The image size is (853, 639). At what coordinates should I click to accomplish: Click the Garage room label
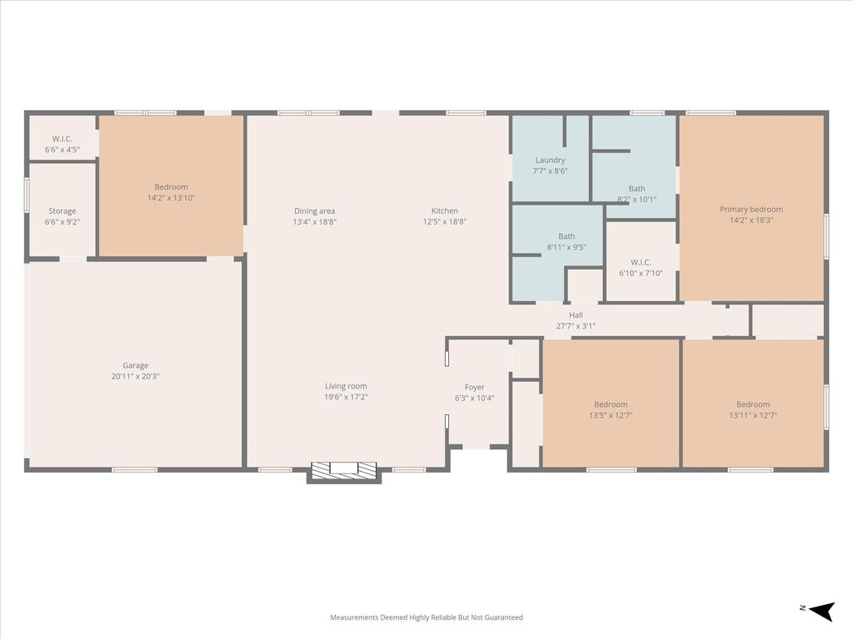tap(136, 366)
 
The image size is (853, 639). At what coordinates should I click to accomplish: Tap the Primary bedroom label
tap(751, 209)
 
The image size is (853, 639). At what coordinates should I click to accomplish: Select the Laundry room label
tap(550, 161)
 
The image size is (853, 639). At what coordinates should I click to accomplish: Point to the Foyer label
tap(474, 388)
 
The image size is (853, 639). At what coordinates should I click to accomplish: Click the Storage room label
tap(62, 211)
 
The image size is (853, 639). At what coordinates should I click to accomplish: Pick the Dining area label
tap(314, 211)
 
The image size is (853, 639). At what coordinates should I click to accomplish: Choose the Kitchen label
tap(445, 211)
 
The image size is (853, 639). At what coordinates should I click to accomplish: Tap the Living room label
tap(346, 386)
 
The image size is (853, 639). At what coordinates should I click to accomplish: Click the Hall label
tap(576, 315)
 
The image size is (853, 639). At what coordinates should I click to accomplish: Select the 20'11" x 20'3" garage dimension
tap(136, 376)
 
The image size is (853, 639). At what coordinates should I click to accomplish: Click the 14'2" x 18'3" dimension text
tap(751, 220)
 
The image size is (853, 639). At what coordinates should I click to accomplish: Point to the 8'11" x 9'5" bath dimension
tap(566, 247)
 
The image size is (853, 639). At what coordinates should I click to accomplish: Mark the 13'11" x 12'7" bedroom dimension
tap(753, 415)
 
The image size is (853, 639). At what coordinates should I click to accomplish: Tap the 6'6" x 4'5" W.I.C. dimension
tap(62, 150)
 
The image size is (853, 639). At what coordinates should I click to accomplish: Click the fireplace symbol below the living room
tap(344, 468)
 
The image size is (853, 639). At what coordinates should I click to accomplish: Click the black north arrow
tap(822, 611)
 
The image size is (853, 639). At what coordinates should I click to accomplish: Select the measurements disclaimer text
tap(426, 617)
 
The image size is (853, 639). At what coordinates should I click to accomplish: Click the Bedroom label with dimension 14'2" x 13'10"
tap(171, 187)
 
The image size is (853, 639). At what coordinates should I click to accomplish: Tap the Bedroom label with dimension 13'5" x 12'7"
tap(611, 404)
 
